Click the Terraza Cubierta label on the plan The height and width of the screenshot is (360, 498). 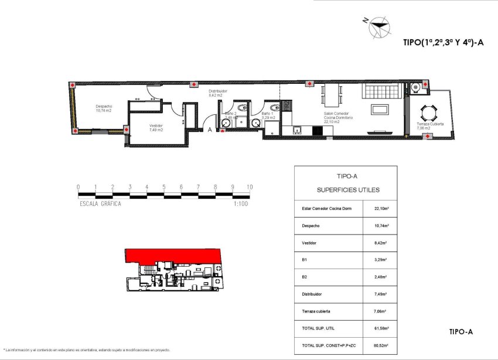point(429,124)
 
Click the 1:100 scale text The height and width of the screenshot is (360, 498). point(240,203)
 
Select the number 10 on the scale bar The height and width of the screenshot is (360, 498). point(250,187)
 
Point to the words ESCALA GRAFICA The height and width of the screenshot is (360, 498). point(100,203)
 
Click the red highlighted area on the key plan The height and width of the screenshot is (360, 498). point(173,255)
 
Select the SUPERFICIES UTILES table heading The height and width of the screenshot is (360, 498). point(340,190)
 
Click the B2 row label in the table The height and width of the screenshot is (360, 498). point(303,273)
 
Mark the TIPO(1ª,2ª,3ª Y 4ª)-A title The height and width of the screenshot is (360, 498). point(443,42)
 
